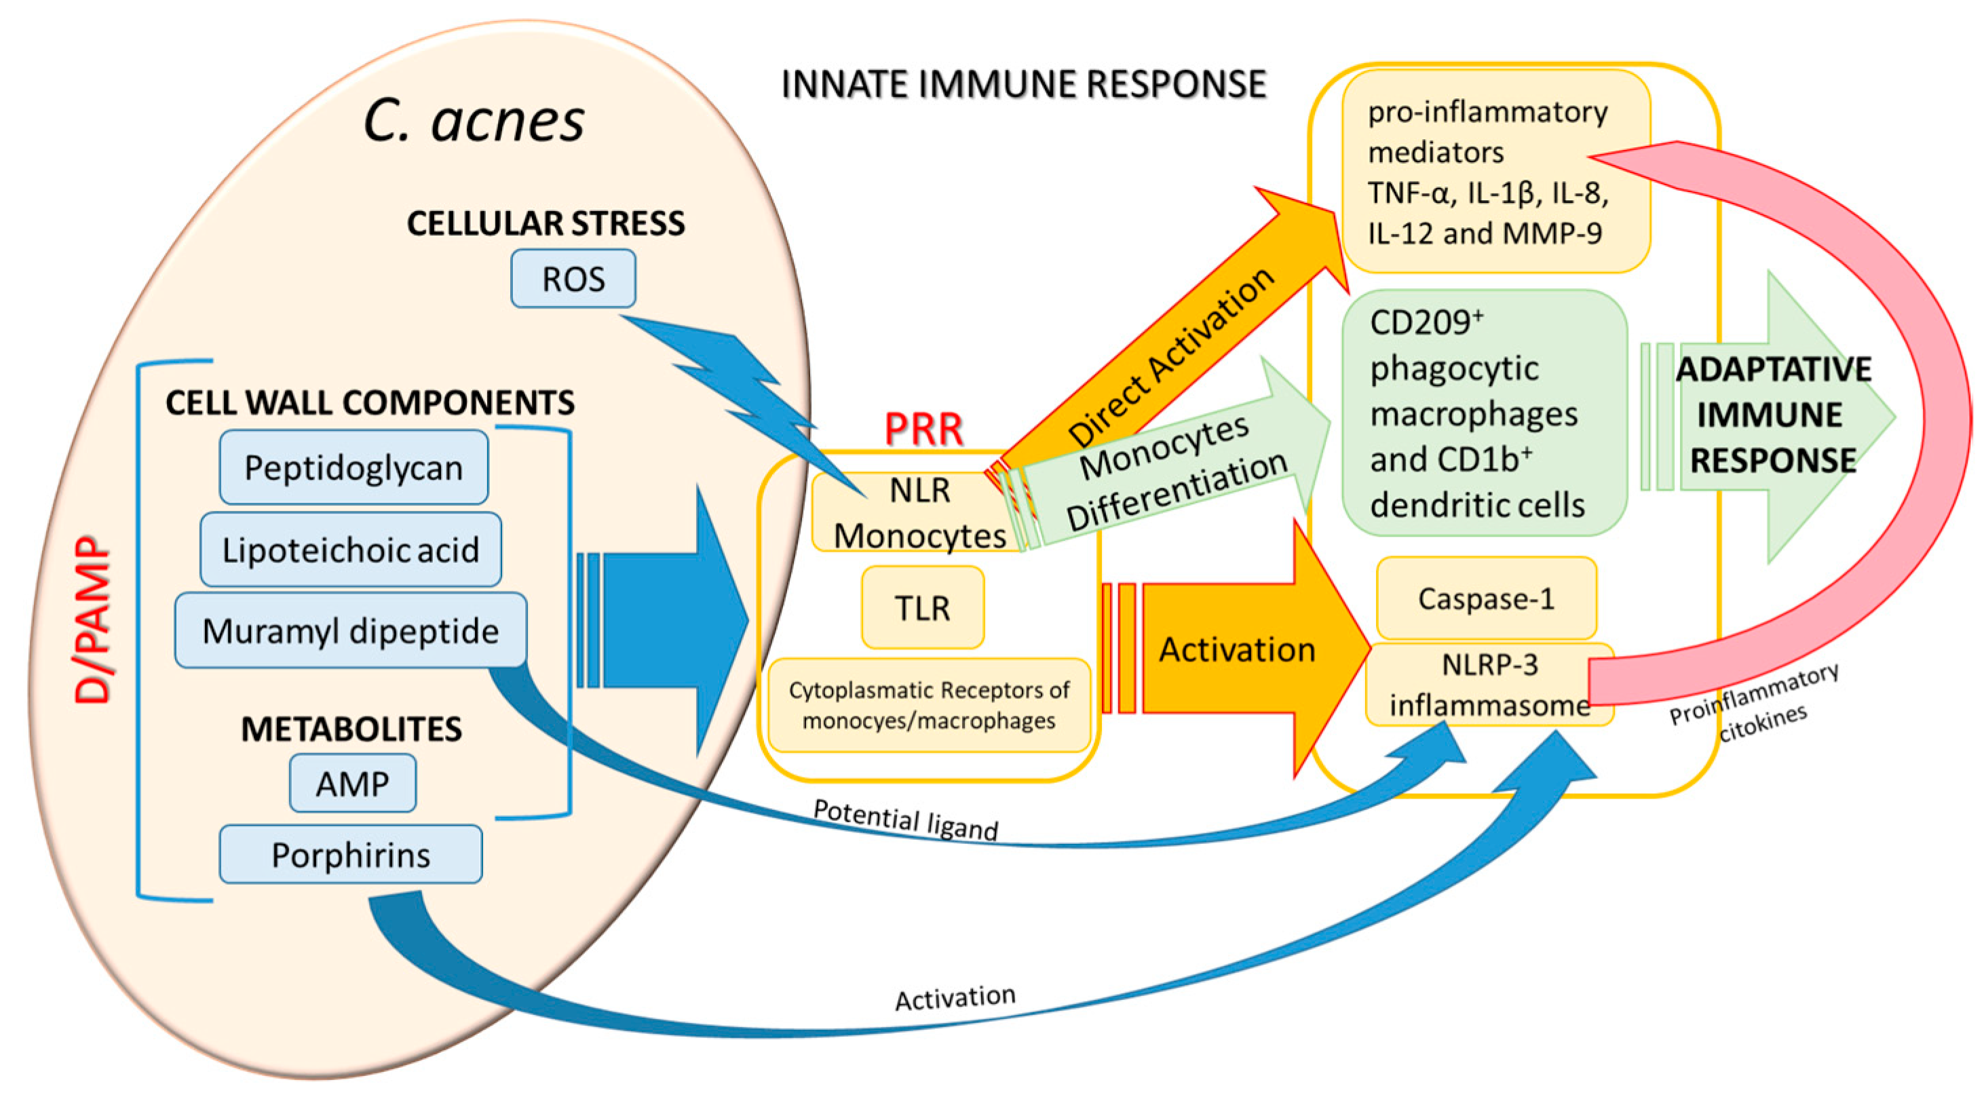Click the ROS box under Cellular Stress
[573, 279]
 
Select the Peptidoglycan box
[353, 467]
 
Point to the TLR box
[922, 608]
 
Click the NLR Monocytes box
[919, 512]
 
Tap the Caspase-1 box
[1486, 599]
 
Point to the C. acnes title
[473, 122]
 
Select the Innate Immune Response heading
[1023, 84]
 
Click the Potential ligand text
[905, 820]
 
